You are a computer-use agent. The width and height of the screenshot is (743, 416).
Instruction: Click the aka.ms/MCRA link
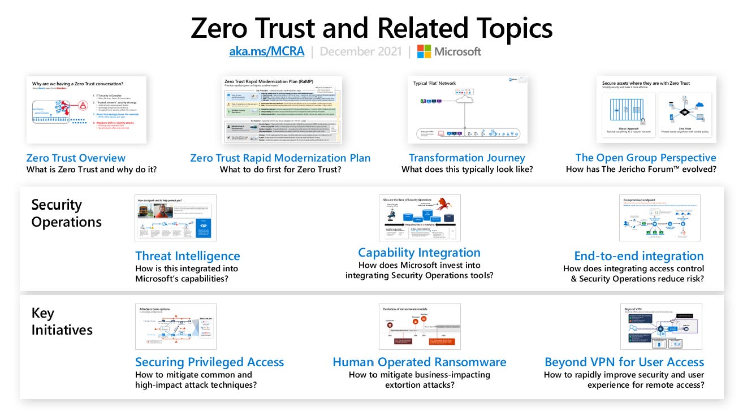[x=266, y=51]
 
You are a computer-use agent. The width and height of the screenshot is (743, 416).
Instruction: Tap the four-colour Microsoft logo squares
[x=424, y=51]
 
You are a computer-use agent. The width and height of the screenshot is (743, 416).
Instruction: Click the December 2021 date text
[x=360, y=51]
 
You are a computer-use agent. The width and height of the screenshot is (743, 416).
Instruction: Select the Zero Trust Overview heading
[x=76, y=158]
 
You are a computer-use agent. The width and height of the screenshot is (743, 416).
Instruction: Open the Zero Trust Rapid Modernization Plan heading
[x=280, y=158]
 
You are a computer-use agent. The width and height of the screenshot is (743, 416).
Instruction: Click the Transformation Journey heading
[x=467, y=158]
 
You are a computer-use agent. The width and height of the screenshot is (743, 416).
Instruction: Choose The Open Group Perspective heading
[x=646, y=158]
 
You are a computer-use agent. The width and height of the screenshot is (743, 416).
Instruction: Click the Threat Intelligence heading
[x=188, y=256]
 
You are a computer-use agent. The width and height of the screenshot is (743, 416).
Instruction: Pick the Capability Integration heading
[x=419, y=253]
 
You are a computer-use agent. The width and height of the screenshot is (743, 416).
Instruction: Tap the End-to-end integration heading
[x=639, y=256]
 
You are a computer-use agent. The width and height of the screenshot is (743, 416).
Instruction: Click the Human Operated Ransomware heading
[x=420, y=362]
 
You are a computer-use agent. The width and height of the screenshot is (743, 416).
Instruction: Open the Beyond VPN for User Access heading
[x=624, y=362]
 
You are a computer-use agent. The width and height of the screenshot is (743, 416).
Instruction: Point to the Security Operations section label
[x=66, y=213]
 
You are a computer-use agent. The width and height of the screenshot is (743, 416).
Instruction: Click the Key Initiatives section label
[x=62, y=322]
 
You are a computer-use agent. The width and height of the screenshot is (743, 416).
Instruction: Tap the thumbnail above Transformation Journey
[x=467, y=110]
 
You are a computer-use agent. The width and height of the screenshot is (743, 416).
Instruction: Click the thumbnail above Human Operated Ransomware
[x=420, y=327]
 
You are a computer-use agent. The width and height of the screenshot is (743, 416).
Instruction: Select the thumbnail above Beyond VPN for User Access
[x=660, y=327]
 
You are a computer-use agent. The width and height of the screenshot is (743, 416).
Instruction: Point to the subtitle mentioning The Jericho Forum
[x=641, y=170]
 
